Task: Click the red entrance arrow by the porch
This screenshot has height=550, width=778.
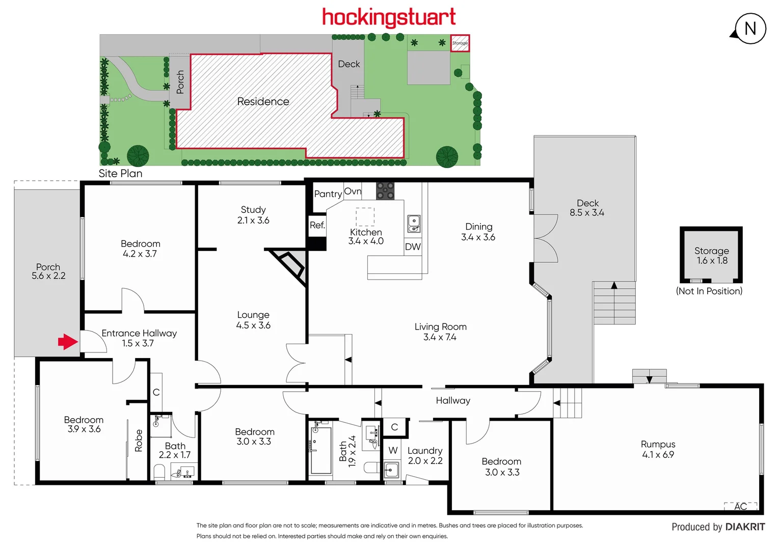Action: [68, 342]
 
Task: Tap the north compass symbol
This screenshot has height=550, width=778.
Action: [750, 29]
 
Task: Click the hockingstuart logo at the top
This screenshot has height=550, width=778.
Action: [389, 17]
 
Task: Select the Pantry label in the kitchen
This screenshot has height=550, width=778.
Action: [328, 194]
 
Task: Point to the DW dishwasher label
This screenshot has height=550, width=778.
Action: [413, 247]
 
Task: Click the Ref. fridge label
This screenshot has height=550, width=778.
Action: [317, 225]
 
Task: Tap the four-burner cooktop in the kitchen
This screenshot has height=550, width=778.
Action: [385, 190]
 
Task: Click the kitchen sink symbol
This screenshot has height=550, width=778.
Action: [414, 224]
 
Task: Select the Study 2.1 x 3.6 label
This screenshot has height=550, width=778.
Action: [253, 215]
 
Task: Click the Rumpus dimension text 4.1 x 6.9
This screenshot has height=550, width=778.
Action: [658, 455]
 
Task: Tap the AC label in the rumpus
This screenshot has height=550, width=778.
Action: [740, 506]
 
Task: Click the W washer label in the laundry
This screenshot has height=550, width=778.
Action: [393, 450]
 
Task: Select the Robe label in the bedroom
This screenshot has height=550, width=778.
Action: [139, 441]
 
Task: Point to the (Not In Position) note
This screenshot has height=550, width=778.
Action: [709, 291]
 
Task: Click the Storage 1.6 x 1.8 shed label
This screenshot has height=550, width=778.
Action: [711, 256]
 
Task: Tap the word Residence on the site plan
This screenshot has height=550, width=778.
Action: [263, 101]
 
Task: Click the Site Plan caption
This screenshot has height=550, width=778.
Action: [120, 173]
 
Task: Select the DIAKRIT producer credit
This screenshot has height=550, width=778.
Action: [745, 527]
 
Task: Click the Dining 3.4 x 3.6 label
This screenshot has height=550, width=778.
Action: [478, 232]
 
